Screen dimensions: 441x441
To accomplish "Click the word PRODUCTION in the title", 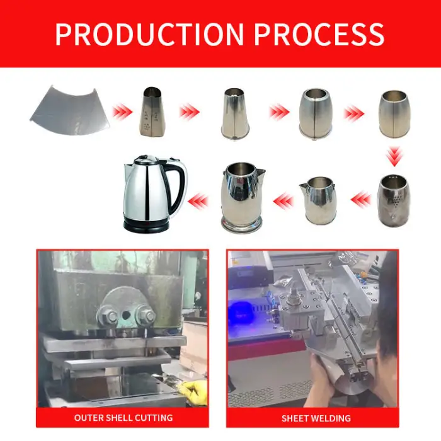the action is coord(149,34).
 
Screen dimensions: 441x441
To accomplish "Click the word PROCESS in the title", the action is coord(319,34).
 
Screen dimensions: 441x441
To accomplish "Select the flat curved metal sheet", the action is coord(70,110).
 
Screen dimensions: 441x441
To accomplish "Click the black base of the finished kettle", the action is coord(146,224).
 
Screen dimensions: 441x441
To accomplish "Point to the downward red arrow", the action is coord(394,156).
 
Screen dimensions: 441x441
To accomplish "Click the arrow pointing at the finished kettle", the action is coord(198,201).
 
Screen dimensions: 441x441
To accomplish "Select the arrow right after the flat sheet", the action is coord(122,112).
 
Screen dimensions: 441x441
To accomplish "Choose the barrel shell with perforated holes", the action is coord(394,200).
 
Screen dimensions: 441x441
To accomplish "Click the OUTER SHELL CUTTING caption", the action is coord(123,418).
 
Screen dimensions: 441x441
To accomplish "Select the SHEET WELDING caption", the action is coord(316,418).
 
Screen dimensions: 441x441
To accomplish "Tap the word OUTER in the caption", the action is coord(86,418).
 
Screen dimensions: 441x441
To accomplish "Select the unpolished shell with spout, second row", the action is coord(318,200).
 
